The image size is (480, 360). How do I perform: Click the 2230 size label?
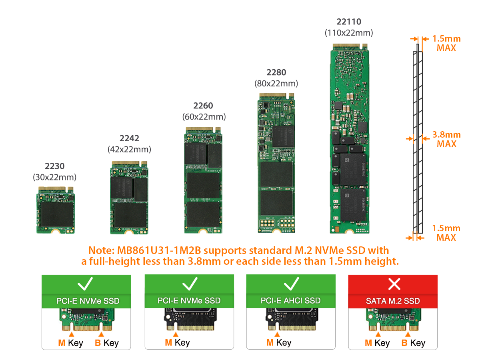pyautogui.click(x=54, y=166)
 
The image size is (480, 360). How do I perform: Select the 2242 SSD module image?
pyautogui.click(x=129, y=198)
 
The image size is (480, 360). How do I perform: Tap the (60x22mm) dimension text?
pyautogui.click(x=204, y=117)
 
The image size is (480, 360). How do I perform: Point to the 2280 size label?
pyautogui.click(x=276, y=72)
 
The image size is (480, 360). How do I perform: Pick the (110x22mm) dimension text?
pyautogui.click(x=349, y=33)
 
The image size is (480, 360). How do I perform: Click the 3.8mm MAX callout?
pyautogui.click(x=446, y=139)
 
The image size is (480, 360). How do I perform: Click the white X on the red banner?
pyautogui.click(x=394, y=284)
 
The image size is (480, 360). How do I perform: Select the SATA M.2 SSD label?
pyautogui.click(x=393, y=301)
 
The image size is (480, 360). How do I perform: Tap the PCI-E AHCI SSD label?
pyautogui.click(x=290, y=300)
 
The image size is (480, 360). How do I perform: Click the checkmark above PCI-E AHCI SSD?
pyautogui.click(x=291, y=284)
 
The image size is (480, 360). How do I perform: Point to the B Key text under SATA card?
pyautogui.click(x=413, y=343)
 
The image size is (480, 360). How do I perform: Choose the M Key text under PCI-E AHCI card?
pyautogui.click(x=278, y=342)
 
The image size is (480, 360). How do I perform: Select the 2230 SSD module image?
pyautogui.click(x=55, y=210)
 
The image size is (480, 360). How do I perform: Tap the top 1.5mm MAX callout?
pyautogui.click(x=446, y=43)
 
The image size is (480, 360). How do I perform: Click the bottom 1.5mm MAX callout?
pyautogui.click(x=446, y=233)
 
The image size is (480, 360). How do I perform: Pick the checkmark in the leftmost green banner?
pyautogui.click(x=86, y=284)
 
